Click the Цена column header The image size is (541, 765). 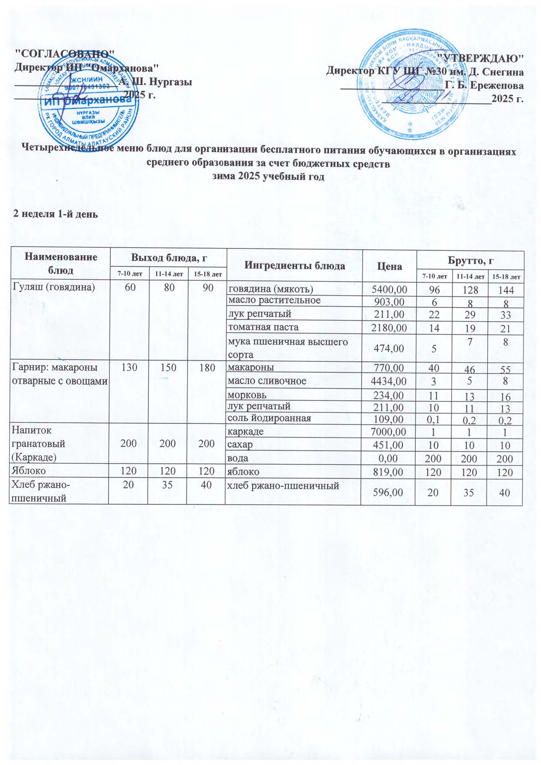(x=389, y=266)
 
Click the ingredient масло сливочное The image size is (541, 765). (x=267, y=381)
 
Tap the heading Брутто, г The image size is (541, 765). (x=470, y=260)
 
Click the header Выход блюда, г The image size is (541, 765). (x=168, y=258)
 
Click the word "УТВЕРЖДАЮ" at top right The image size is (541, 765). (x=480, y=58)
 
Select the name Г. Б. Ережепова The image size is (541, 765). (x=484, y=85)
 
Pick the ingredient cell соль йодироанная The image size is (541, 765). (x=270, y=418)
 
